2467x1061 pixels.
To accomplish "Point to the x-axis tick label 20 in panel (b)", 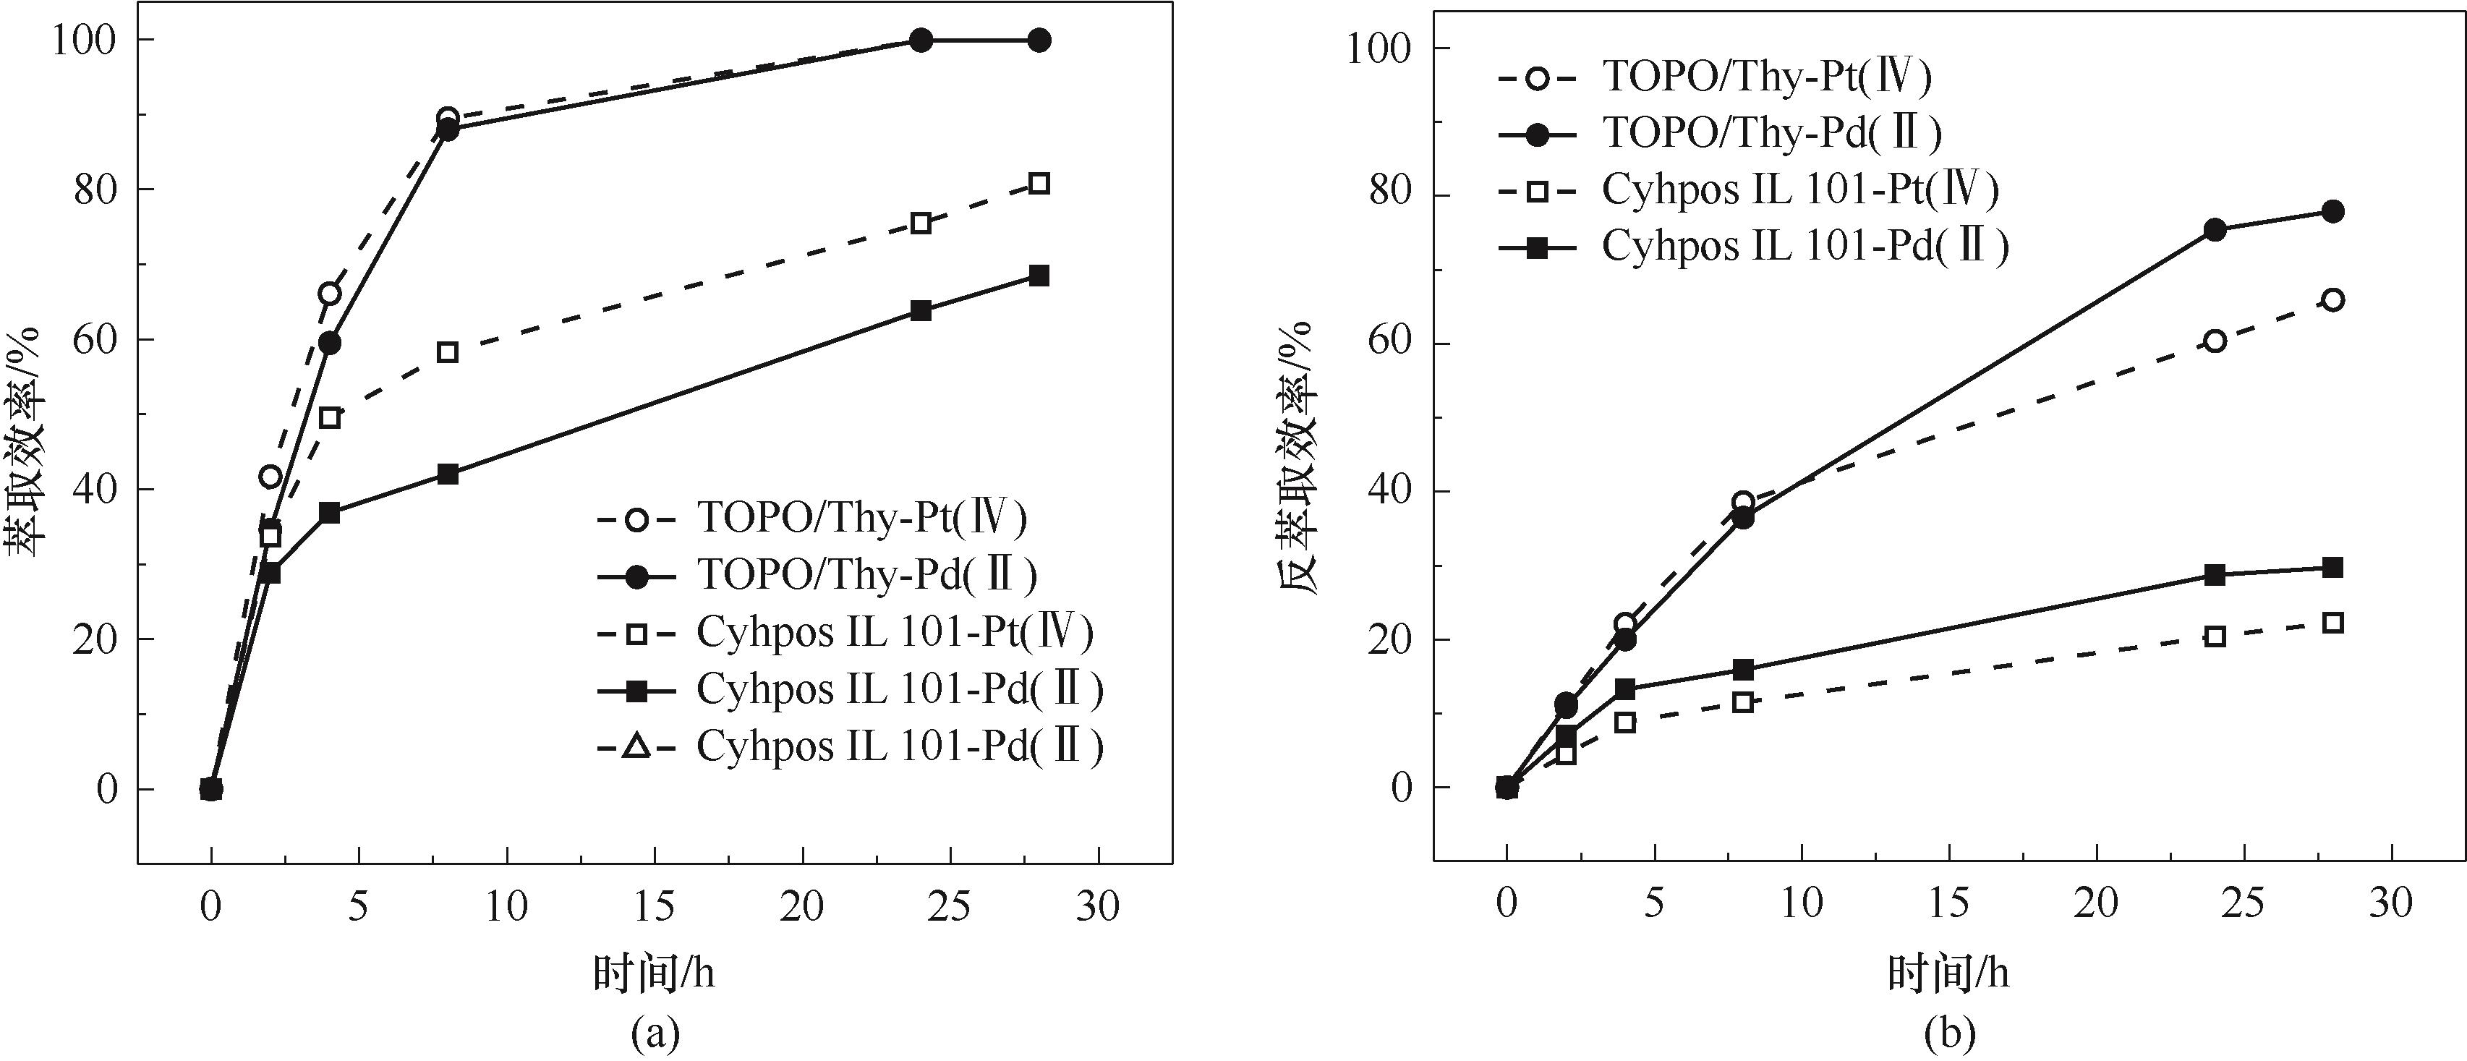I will [2097, 903].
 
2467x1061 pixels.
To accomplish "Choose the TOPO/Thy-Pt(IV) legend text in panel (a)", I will [862, 518].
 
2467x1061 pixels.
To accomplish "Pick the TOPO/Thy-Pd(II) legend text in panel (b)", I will [1772, 134].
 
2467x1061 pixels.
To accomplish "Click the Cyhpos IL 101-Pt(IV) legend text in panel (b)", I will [1800, 190].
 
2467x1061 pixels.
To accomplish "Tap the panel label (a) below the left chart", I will [656, 1034].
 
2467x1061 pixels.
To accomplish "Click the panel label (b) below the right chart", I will [1949, 1034].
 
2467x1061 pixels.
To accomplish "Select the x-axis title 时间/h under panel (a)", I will [654, 974].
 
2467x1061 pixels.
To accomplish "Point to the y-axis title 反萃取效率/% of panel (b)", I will [1299, 459].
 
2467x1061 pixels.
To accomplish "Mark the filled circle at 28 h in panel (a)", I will [1039, 41].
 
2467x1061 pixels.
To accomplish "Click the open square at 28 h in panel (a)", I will [1039, 184].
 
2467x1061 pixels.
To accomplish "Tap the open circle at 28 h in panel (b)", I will [2333, 299].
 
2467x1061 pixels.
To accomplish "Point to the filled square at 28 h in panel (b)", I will [2333, 567].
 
